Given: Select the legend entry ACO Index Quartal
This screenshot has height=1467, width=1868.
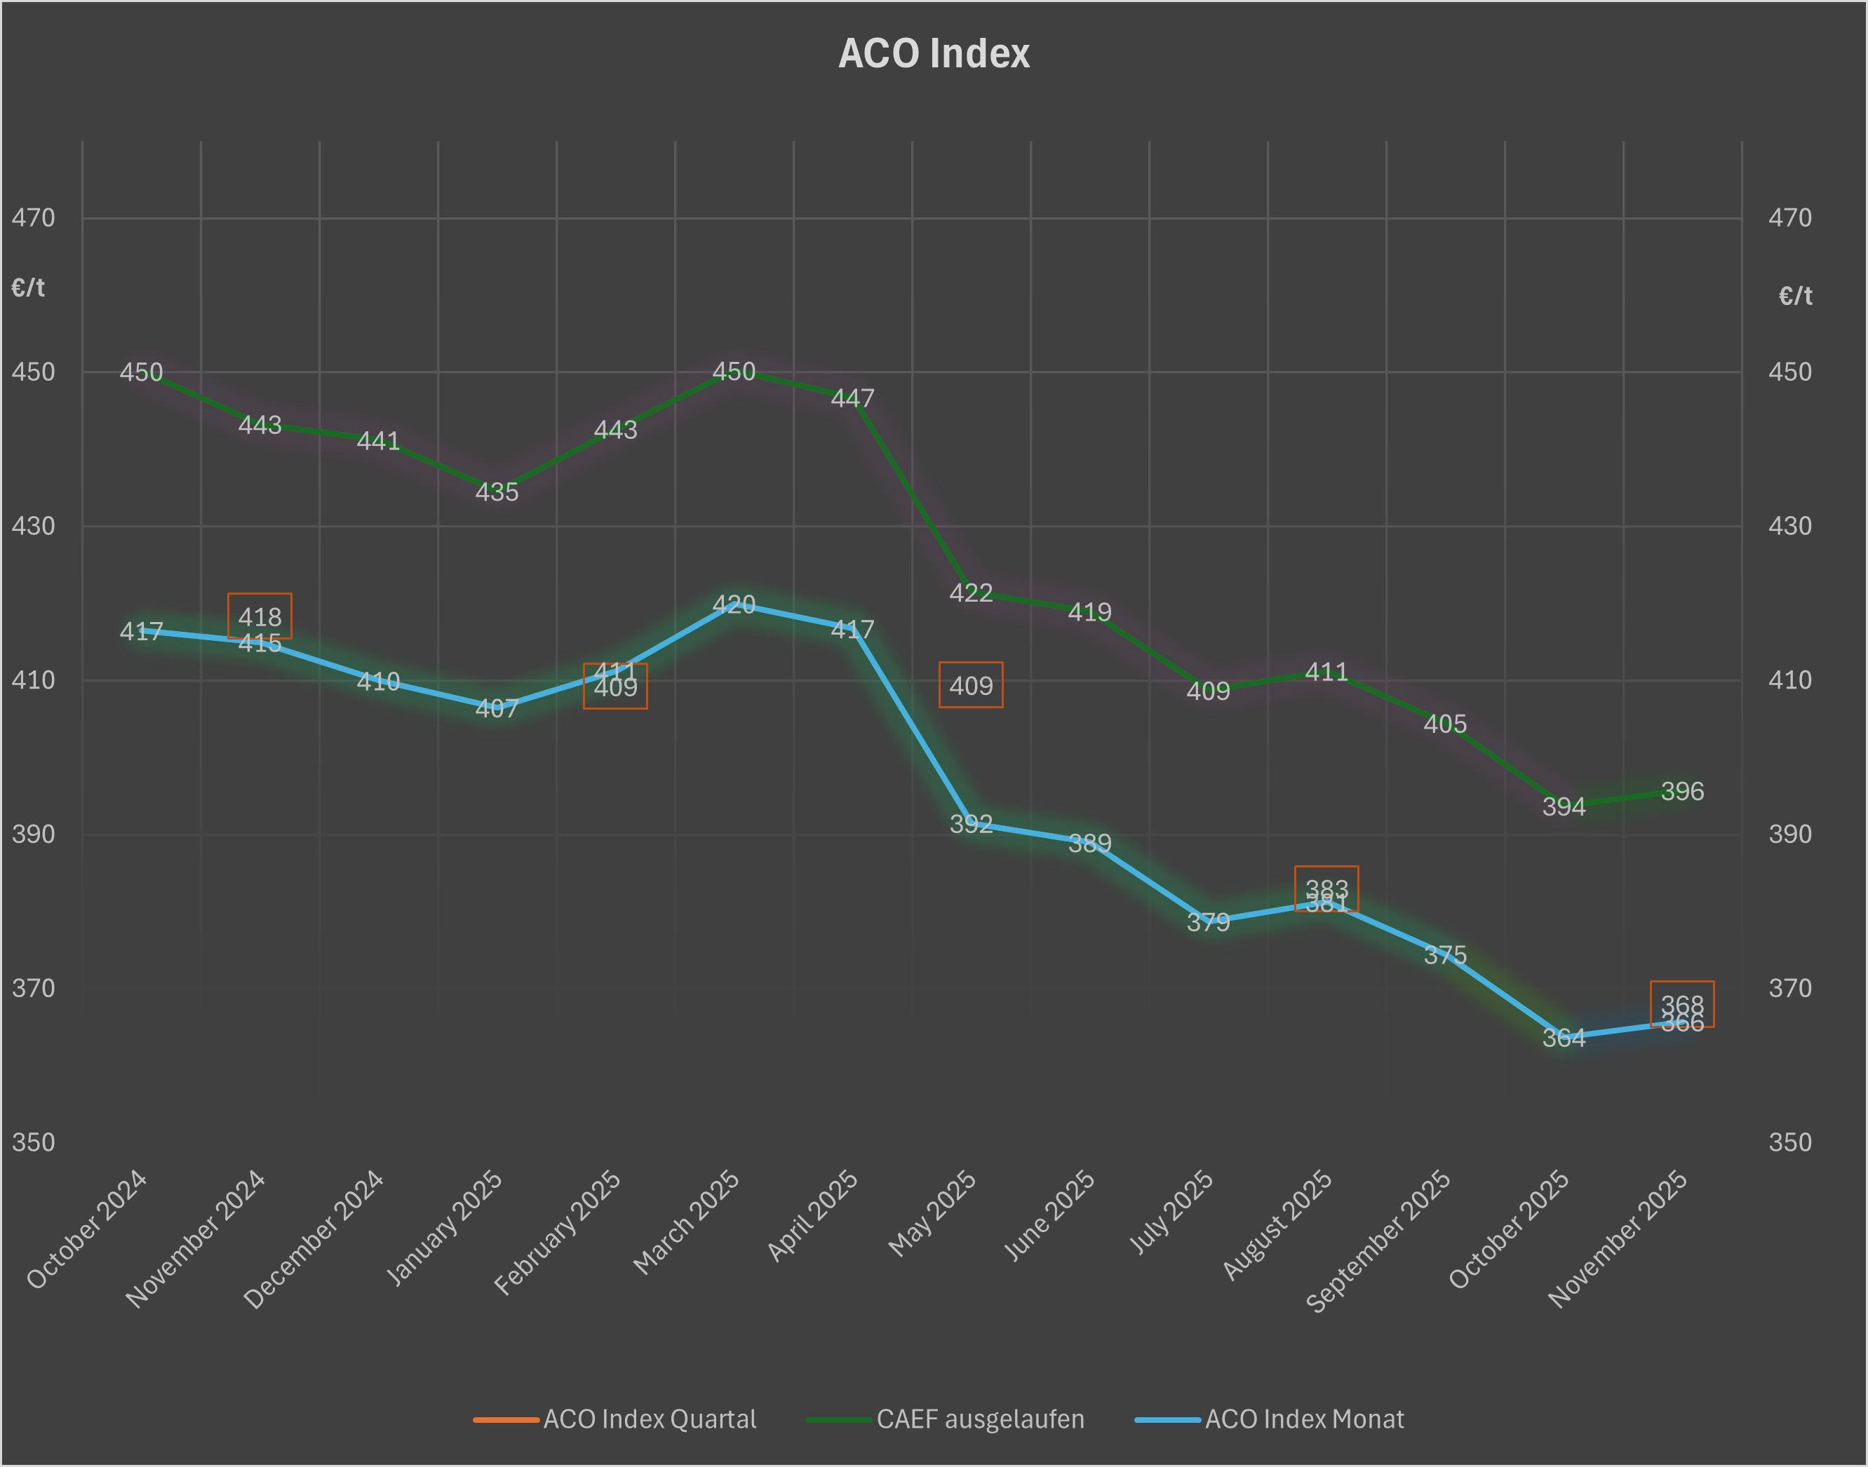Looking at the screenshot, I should pyautogui.click(x=649, y=1419).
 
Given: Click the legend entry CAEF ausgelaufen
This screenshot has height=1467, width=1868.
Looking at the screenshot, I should pyautogui.click(x=979, y=1419).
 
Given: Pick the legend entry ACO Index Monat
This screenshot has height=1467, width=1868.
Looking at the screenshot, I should pyautogui.click(x=1303, y=1419).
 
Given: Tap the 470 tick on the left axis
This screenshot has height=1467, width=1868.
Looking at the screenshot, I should pyautogui.click(x=33, y=218).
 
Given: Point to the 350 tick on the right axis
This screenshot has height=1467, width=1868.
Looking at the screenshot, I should pyautogui.click(x=1790, y=1142).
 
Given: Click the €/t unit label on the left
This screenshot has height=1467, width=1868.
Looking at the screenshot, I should pyautogui.click(x=27, y=288).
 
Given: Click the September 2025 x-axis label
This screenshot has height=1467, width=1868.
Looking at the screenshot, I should pyautogui.click(x=1379, y=1240).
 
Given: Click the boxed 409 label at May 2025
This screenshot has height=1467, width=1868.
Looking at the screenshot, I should pyautogui.click(x=971, y=685).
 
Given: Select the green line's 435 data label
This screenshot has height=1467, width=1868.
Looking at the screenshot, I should pyautogui.click(x=497, y=492).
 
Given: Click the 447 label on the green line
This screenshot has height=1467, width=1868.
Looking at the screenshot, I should pyautogui.click(x=852, y=398).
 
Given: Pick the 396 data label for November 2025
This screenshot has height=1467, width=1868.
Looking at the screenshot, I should pyautogui.click(x=1681, y=791).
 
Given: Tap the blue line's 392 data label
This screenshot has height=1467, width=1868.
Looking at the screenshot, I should pyautogui.click(x=971, y=825).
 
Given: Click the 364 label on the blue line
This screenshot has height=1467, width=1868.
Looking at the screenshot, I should pyautogui.click(x=1564, y=1039).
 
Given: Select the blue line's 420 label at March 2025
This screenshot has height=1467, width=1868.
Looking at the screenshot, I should pyautogui.click(x=734, y=604).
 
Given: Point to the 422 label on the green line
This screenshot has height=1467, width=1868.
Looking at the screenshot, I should pyautogui.click(x=971, y=593).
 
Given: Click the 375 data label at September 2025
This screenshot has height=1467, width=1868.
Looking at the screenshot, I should pyautogui.click(x=1445, y=955).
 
